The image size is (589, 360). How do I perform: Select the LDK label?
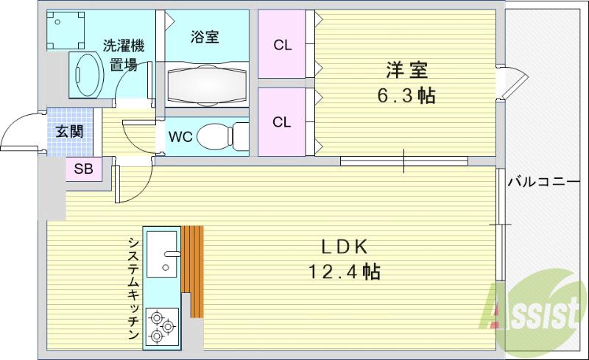click(343, 246)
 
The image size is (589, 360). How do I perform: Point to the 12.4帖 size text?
click(343, 272)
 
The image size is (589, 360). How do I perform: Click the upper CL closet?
click(282, 45)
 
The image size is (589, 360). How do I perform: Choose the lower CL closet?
click(282, 121)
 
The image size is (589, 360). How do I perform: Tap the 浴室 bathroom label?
click(204, 37)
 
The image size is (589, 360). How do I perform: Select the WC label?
click(180, 137)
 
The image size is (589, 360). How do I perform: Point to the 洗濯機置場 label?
click(123, 54)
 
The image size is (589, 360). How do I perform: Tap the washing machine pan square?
click(64, 29)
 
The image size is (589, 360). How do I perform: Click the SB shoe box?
click(83, 169)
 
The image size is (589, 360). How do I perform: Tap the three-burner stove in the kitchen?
click(161, 325)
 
